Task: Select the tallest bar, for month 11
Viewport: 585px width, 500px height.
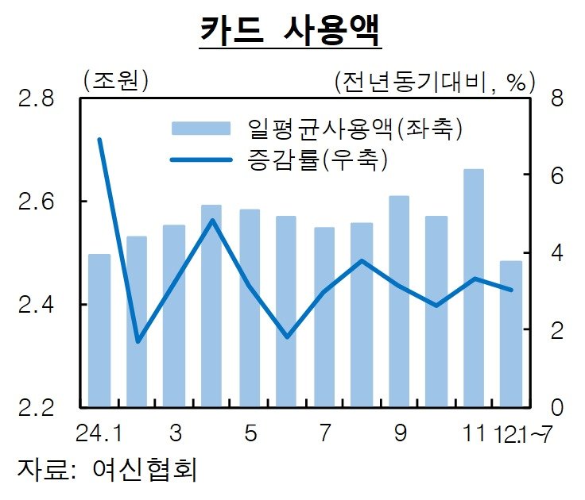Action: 474,286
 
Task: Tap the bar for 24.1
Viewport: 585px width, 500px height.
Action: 99,329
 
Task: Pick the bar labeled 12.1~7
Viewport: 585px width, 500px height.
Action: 511,333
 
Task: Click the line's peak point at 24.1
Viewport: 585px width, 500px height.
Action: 99,140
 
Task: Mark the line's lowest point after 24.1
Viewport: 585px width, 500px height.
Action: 138,341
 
